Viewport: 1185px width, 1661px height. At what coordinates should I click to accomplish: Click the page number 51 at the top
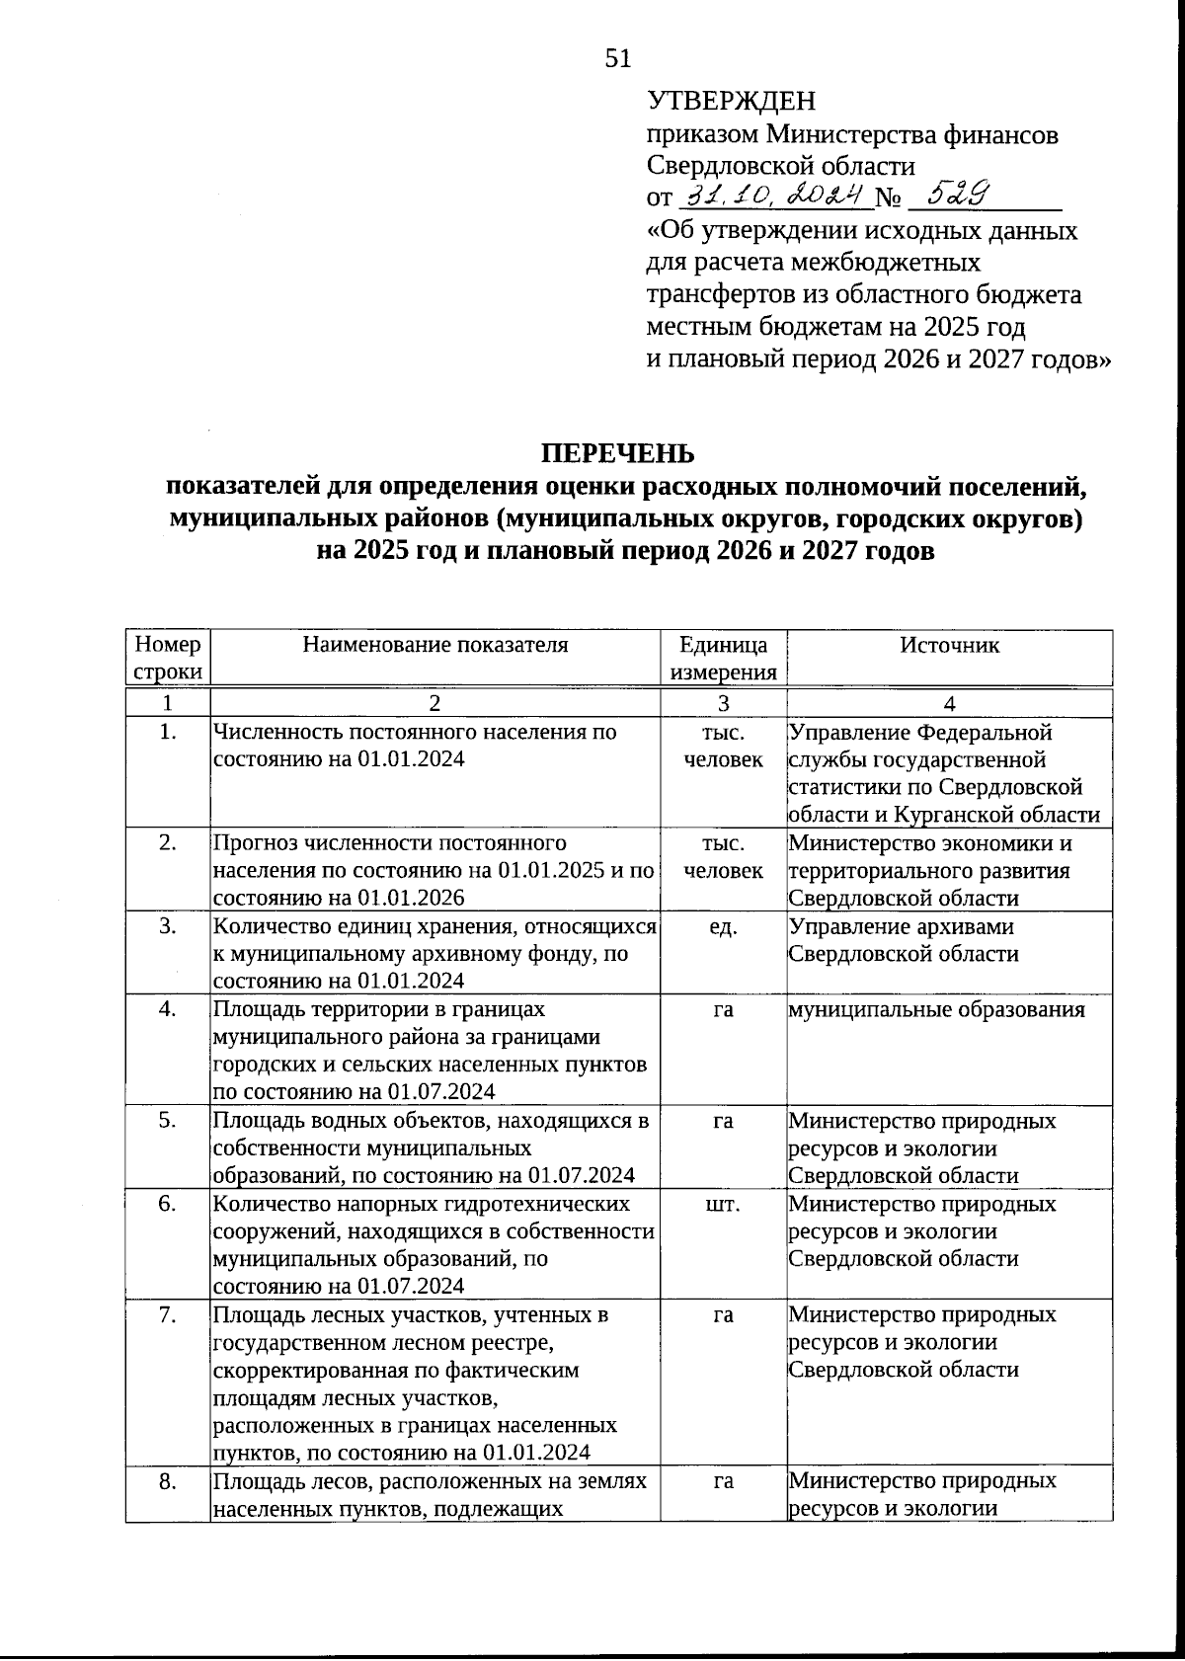[x=617, y=59]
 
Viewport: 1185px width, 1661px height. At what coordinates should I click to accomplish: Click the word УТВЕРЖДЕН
[x=732, y=101]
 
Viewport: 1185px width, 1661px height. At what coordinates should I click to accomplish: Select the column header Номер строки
[x=167, y=658]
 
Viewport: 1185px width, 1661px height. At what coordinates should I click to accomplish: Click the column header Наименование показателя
[x=435, y=645]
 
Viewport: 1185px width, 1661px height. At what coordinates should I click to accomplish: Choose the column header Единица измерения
[x=723, y=658]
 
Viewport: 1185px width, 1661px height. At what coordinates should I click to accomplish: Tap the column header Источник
[x=949, y=645]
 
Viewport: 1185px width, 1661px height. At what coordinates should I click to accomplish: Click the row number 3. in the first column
[x=167, y=926]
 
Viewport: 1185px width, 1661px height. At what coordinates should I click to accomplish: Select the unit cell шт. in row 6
[x=723, y=1204]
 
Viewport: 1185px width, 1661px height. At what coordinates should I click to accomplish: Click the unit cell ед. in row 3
[x=723, y=926]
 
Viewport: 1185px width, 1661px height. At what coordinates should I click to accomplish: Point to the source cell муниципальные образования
[x=936, y=1009]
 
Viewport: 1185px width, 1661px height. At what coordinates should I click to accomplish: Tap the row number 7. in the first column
[x=167, y=1314]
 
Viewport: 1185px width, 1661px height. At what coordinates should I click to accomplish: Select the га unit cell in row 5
[x=723, y=1121]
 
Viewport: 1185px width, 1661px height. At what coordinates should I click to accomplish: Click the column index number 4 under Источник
[x=949, y=703]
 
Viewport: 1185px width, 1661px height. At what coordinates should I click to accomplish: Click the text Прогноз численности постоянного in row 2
[x=389, y=843]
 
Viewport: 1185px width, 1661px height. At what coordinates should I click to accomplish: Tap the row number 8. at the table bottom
[x=167, y=1480]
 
